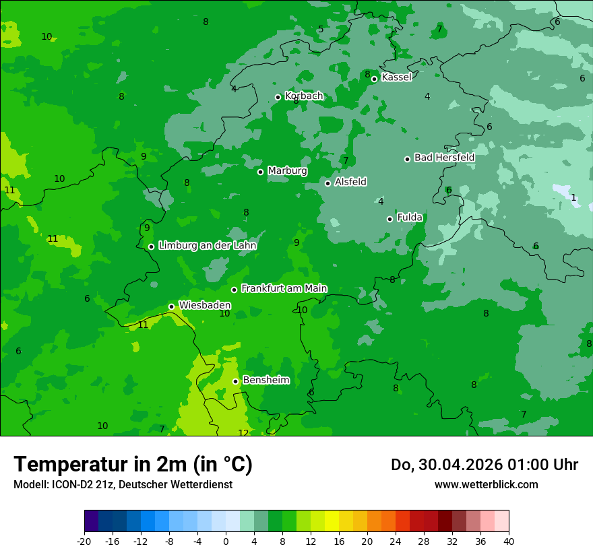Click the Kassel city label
pos(396,77)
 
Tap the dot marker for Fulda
pos(389,219)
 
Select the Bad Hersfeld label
pos(444,158)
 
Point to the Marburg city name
pos(287,171)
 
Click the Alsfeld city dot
pos(328,183)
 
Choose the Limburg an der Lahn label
pos(207,246)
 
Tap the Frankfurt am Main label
pos(284,289)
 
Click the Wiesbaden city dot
pos(172,306)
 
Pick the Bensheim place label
pos(266,381)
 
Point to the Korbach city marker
pos(278,97)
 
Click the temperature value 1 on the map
pos(573,198)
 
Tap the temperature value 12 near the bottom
pos(243,433)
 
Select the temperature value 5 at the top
pos(321,29)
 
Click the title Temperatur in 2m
pos(133,465)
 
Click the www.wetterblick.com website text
pos(486,484)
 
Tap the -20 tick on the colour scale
pos(84,541)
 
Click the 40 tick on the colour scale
pos(509,541)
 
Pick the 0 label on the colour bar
pos(226,541)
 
